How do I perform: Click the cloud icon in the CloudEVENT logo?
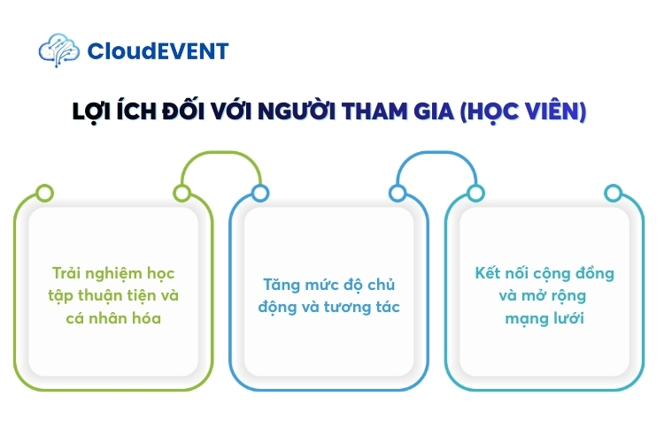59,50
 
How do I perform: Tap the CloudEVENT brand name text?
158,51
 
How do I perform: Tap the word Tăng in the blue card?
281,285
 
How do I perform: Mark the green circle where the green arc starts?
181,193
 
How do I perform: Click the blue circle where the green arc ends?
259,193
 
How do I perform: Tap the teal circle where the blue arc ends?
475,193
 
